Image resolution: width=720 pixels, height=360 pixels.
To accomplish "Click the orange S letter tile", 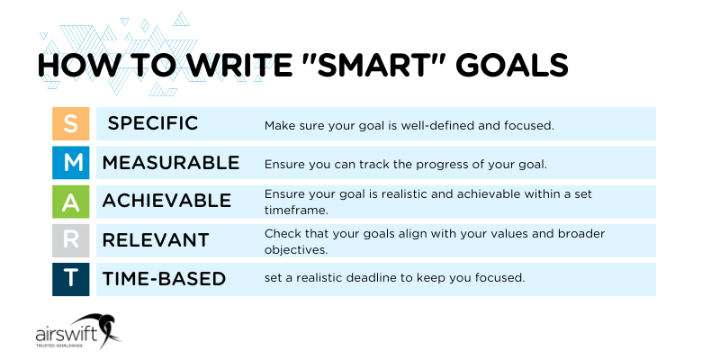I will [71, 123].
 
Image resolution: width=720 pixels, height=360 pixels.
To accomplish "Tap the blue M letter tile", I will [71, 163].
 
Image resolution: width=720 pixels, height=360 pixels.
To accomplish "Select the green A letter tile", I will [71, 202].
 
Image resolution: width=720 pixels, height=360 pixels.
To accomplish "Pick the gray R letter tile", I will [71, 240].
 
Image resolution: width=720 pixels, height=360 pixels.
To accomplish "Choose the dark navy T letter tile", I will [71, 279].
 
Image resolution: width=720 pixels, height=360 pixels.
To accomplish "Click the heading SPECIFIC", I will [153, 123].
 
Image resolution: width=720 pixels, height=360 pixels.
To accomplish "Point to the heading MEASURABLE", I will [171, 163].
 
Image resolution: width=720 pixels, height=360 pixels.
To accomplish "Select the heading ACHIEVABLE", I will [166, 201].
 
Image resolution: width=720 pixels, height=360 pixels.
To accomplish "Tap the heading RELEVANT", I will [156, 240].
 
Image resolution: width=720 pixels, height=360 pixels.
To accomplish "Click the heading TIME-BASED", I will [164, 279].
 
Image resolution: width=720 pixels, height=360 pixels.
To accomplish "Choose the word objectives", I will [295, 249].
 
